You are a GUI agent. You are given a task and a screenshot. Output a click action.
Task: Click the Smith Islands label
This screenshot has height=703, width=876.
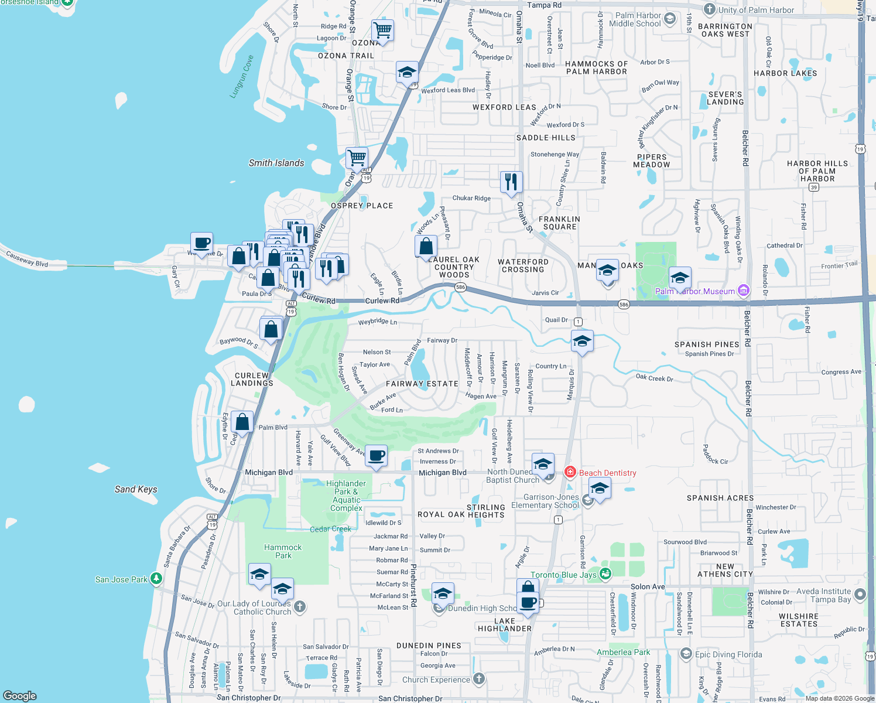[x=276, y=163]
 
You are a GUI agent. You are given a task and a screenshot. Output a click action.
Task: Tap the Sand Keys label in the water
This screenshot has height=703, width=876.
[x=136, y=489]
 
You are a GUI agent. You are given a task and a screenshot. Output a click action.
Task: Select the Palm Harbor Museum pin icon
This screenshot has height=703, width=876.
[x=743, y=290]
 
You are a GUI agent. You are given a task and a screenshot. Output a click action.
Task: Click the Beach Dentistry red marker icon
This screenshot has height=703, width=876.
[x=570, y=472]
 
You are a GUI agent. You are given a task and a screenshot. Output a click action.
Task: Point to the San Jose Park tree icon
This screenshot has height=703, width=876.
[x=156, y=579]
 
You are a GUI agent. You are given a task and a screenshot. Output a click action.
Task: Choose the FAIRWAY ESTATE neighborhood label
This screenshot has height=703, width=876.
[x=422, y=384]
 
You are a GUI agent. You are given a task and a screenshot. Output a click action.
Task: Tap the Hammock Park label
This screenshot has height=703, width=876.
[x=283, y=551]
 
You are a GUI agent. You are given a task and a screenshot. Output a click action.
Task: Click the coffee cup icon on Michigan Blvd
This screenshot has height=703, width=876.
[x=377, y=455]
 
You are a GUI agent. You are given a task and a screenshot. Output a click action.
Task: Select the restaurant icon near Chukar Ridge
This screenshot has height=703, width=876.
[x=511, y=182]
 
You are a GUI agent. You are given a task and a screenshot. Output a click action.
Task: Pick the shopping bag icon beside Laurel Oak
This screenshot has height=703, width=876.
[x=426, y=246]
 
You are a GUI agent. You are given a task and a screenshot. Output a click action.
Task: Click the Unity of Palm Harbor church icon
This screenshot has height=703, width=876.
[x=709, y=9]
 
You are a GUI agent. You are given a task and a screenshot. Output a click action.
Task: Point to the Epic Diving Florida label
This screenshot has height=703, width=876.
[x=728, y=654]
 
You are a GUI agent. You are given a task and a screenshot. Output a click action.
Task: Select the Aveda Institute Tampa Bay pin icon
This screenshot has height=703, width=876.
[x=860, y=595]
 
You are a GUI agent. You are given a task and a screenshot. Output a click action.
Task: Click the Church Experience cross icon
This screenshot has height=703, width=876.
[x=479, y=679]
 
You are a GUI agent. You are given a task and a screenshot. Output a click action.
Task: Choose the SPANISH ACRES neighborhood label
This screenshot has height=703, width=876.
[x=720, y=498]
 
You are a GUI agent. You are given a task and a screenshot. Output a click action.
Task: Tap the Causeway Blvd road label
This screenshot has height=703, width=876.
[x=27, y=258]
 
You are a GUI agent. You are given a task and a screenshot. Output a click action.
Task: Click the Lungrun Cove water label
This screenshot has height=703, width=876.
[x=242, y=77]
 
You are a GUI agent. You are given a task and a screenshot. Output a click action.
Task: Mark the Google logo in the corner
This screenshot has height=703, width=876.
[x=19, y=695]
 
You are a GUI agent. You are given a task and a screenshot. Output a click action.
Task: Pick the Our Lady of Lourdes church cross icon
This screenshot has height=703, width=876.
[x=300, y=606]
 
